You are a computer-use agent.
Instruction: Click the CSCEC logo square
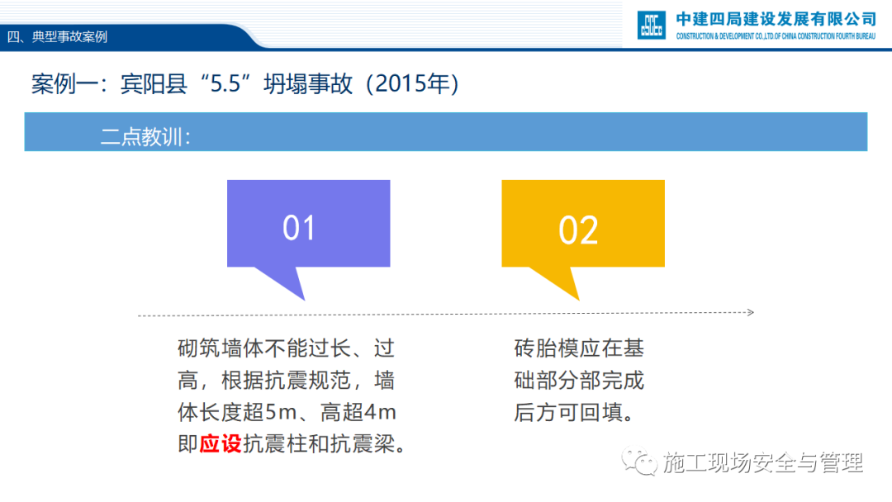652,25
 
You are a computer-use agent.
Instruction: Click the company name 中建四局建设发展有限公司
776,19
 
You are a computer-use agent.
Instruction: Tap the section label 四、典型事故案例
57,37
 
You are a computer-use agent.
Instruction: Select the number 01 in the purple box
299,228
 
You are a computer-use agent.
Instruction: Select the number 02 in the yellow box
578,230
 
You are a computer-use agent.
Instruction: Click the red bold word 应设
221,444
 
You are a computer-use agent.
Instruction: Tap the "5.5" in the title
225,84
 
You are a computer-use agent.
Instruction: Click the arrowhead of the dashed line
750,312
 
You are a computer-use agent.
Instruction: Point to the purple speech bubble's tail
282,282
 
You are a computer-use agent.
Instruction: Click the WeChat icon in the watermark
638,462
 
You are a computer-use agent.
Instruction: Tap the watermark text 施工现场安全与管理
763,462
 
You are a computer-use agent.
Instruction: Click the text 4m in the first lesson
381,412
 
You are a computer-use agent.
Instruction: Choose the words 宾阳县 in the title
154,84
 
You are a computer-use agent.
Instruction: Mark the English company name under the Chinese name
776,36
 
